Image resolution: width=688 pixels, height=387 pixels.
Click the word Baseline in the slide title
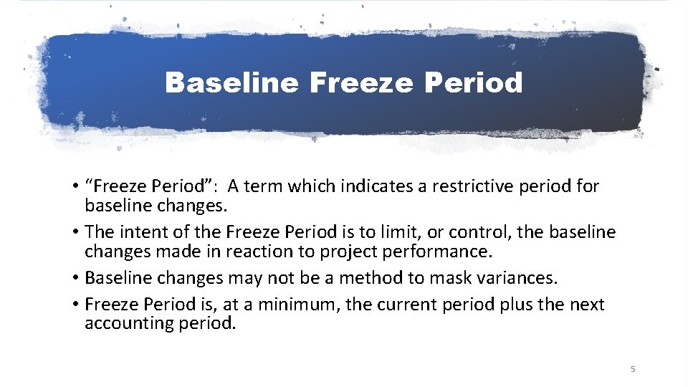pyautogui.click(x=231, y=83)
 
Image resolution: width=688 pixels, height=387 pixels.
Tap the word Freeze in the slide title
pyautogui.click(x=363, y=83)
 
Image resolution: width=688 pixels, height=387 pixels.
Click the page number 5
pyautogui.click(x=633, y=369)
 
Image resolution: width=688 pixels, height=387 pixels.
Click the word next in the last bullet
pyautogui.click(x=587, y=305)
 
